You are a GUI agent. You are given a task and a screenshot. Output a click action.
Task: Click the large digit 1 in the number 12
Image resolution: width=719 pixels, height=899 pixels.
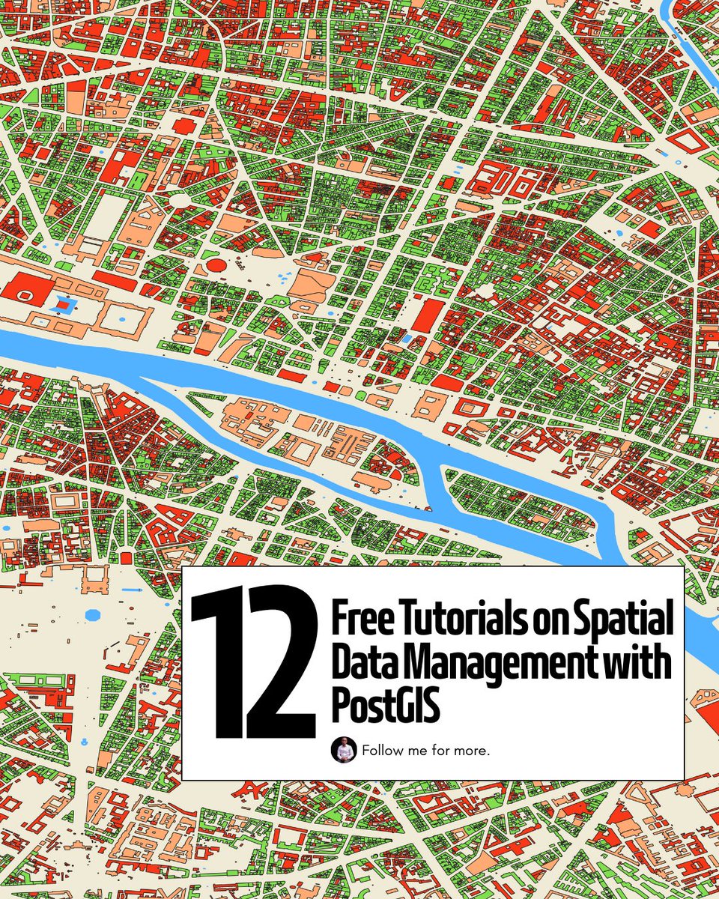216,663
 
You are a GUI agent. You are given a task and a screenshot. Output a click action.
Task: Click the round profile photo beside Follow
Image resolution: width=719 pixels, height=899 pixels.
343,750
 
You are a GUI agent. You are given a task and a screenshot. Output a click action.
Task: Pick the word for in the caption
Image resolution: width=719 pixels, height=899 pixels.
441,750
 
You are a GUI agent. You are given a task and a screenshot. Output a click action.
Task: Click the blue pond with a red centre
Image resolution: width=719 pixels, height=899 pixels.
67,304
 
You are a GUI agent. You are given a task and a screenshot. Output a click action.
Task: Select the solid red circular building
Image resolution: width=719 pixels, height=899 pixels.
216,264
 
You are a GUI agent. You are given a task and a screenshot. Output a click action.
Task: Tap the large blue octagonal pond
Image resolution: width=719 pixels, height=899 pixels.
93,614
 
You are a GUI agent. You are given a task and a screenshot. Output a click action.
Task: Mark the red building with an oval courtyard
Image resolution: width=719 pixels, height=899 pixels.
25,294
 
